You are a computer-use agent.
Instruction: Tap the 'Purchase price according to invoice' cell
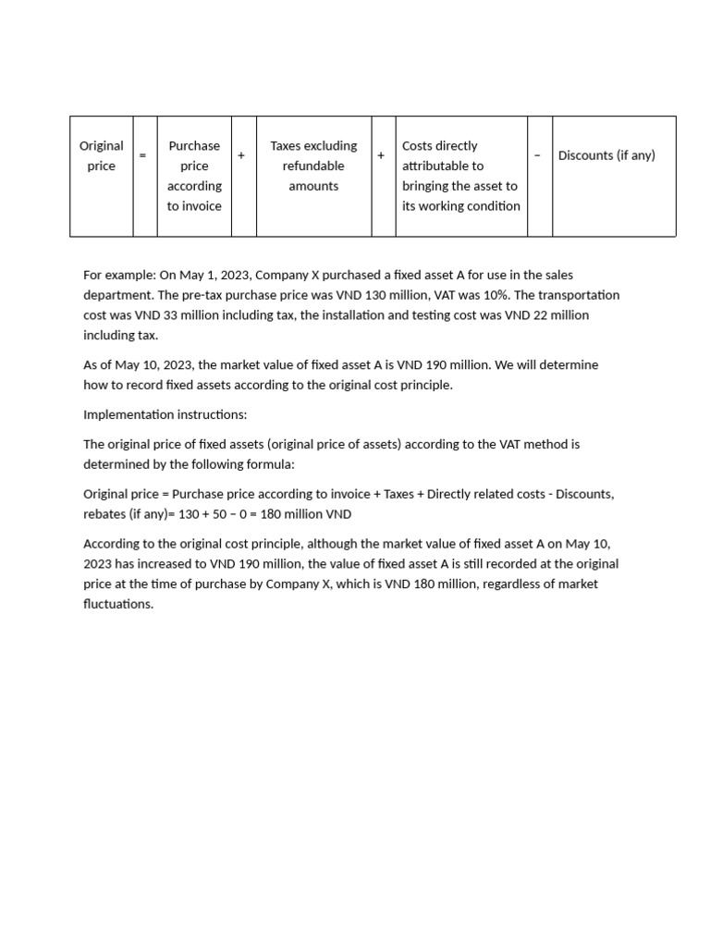point(194,176)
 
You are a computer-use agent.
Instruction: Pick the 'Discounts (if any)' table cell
point(606,155)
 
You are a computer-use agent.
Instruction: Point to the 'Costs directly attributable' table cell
point(460,176)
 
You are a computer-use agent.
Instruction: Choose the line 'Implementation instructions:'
point(165,414)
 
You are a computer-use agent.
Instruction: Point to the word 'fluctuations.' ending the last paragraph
point(118,604)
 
